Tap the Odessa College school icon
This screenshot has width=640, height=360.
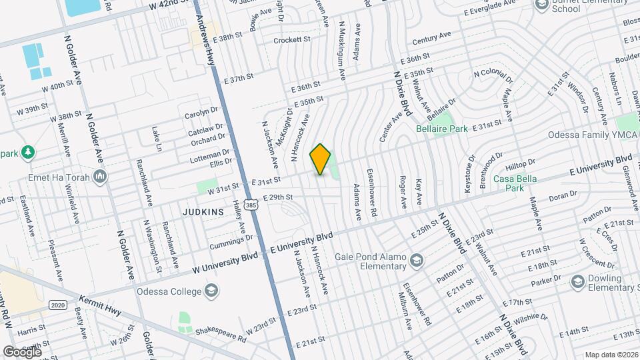coord(211,291)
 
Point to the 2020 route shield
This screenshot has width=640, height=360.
coord(57,304)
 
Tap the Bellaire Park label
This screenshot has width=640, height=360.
coord(442,128)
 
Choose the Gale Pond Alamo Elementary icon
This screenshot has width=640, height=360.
coord(417,259)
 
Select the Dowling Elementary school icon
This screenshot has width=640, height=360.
coord(577,282)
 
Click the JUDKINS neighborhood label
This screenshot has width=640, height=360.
coord(203,212)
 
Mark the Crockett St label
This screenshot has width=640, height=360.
coord(293,41)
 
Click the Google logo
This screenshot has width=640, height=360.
coord(21,351)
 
